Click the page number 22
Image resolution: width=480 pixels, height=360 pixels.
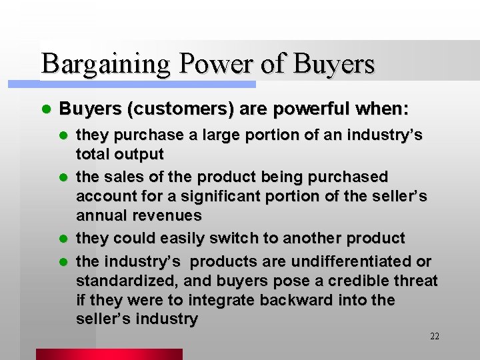pyautogui.click(x=435, y=336)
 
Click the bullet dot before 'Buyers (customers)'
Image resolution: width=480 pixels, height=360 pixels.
pyautogui.click(x=45, y=109)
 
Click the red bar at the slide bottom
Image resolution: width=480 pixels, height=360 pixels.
pyautogui.click(x=109, y=354)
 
